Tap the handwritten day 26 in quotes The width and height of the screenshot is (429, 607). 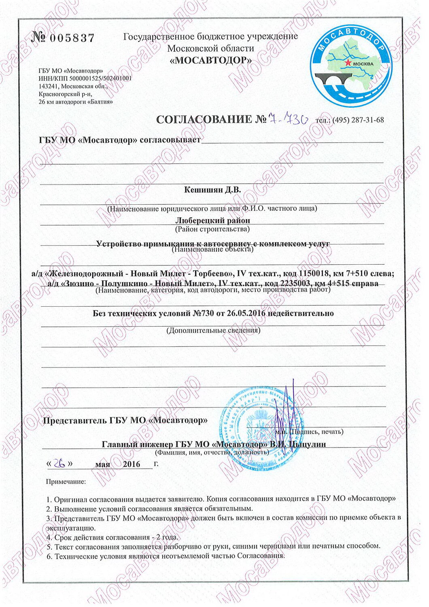click(x=60, y=463)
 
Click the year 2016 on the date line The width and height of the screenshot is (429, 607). click(x=132, y=464)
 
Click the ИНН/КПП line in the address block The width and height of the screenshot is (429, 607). click(x=85, y=79)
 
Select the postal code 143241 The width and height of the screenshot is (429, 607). click(x=49, y=86)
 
